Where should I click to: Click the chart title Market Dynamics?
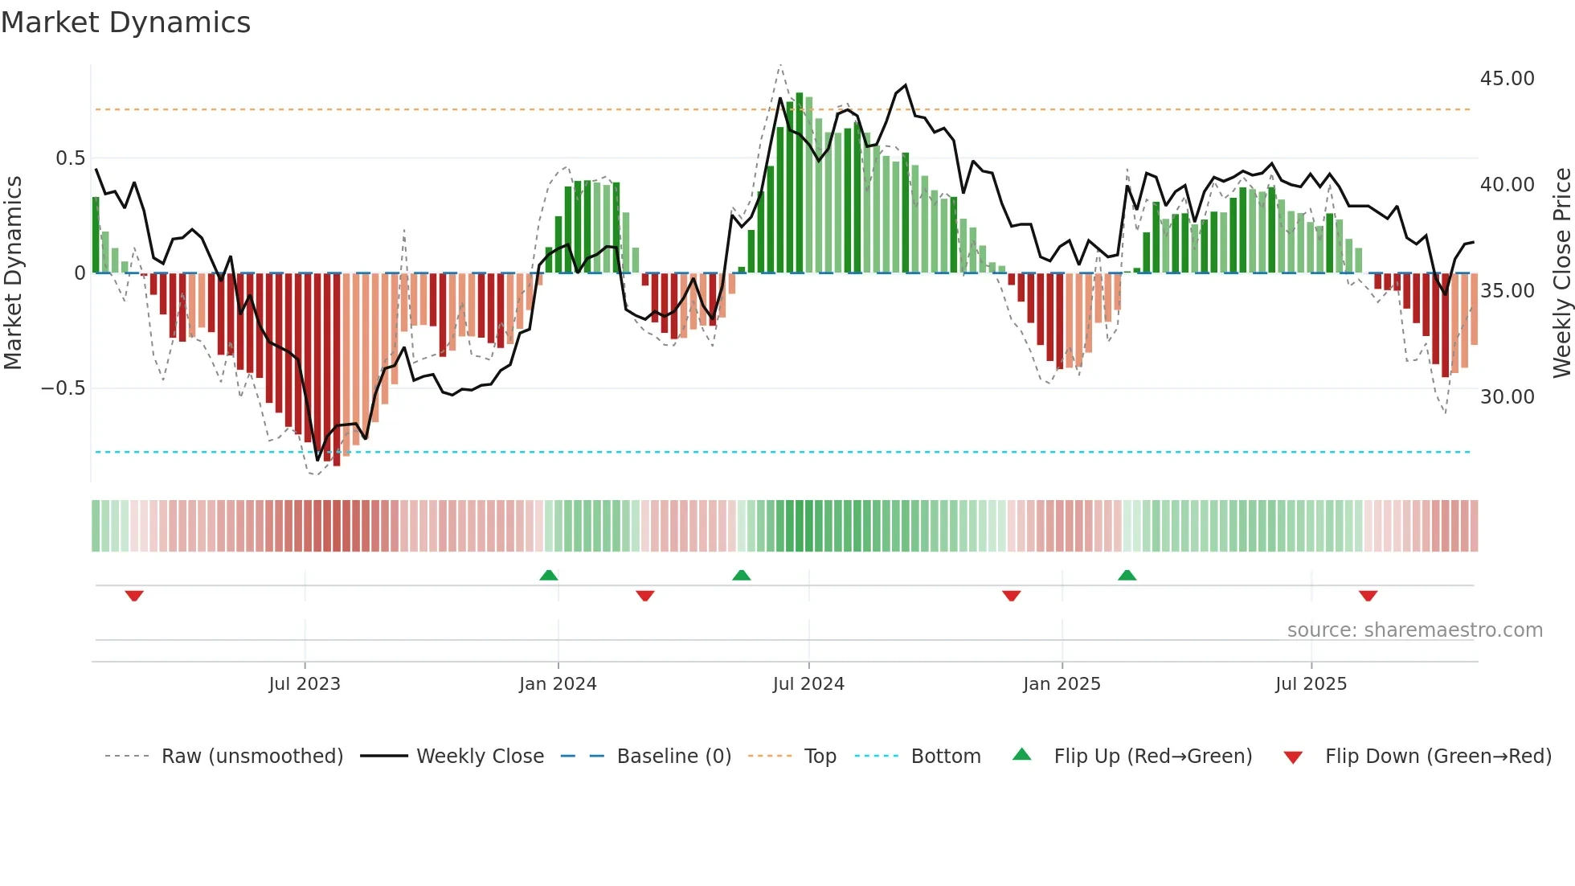click(x=126, y=23)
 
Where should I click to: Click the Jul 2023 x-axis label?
click(x=305, y=684)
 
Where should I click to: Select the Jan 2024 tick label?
click(x=558, y=684)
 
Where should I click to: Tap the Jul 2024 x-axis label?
click(x=808, y=684)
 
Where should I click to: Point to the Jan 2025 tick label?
click(x=1062, y=684)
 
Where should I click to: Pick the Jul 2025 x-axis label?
click(x=1311, y=684)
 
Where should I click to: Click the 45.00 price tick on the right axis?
click(x=1507, y=79)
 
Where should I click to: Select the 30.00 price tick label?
click(x=1507, y=397)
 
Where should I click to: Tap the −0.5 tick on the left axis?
click(x=63, y=388)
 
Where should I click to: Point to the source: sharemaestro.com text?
click(x=1414, y=630)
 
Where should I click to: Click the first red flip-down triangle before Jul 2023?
click(x=134, y=596)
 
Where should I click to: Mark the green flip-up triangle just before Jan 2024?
click(x=549, y=575)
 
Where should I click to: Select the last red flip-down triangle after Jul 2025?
click(x=1368, y=596)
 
